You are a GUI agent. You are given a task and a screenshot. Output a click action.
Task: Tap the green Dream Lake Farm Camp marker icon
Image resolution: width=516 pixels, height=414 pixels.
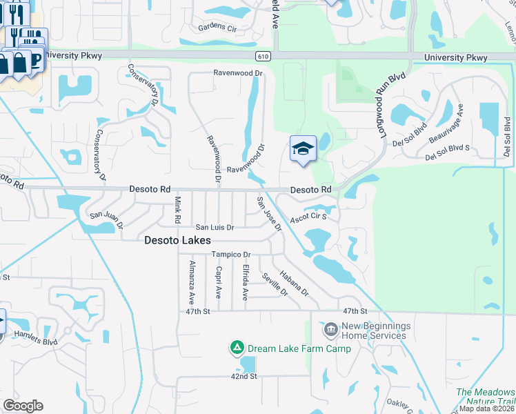click(x=237, y=348)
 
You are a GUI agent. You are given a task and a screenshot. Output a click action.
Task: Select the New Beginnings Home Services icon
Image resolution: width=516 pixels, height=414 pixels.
click(x=330, y=330)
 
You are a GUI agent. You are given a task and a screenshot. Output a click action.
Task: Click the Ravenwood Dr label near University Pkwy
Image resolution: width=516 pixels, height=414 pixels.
click(x=239, y=72)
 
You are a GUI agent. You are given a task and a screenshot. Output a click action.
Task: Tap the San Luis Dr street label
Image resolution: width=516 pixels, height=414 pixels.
click(x=215, y=227)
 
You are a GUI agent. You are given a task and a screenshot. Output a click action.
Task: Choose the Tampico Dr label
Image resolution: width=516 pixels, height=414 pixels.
click(x=230, y=255)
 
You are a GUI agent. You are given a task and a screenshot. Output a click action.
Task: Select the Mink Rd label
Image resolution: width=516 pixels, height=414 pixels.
click(x=177, y=210)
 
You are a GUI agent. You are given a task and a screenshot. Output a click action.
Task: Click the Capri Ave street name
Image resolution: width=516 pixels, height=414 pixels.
click(x=218, y=282)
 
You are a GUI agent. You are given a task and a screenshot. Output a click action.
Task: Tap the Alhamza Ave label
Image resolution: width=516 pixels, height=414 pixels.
click(x=192, y=283)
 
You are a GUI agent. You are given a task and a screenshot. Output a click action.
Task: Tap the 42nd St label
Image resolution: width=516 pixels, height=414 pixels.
click(x=244, y=377)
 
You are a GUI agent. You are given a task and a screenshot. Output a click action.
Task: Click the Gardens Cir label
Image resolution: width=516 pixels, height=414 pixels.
click(x=217, y=28)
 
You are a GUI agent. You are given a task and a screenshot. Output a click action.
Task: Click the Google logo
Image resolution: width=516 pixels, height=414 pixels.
click(x=23, y=406)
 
